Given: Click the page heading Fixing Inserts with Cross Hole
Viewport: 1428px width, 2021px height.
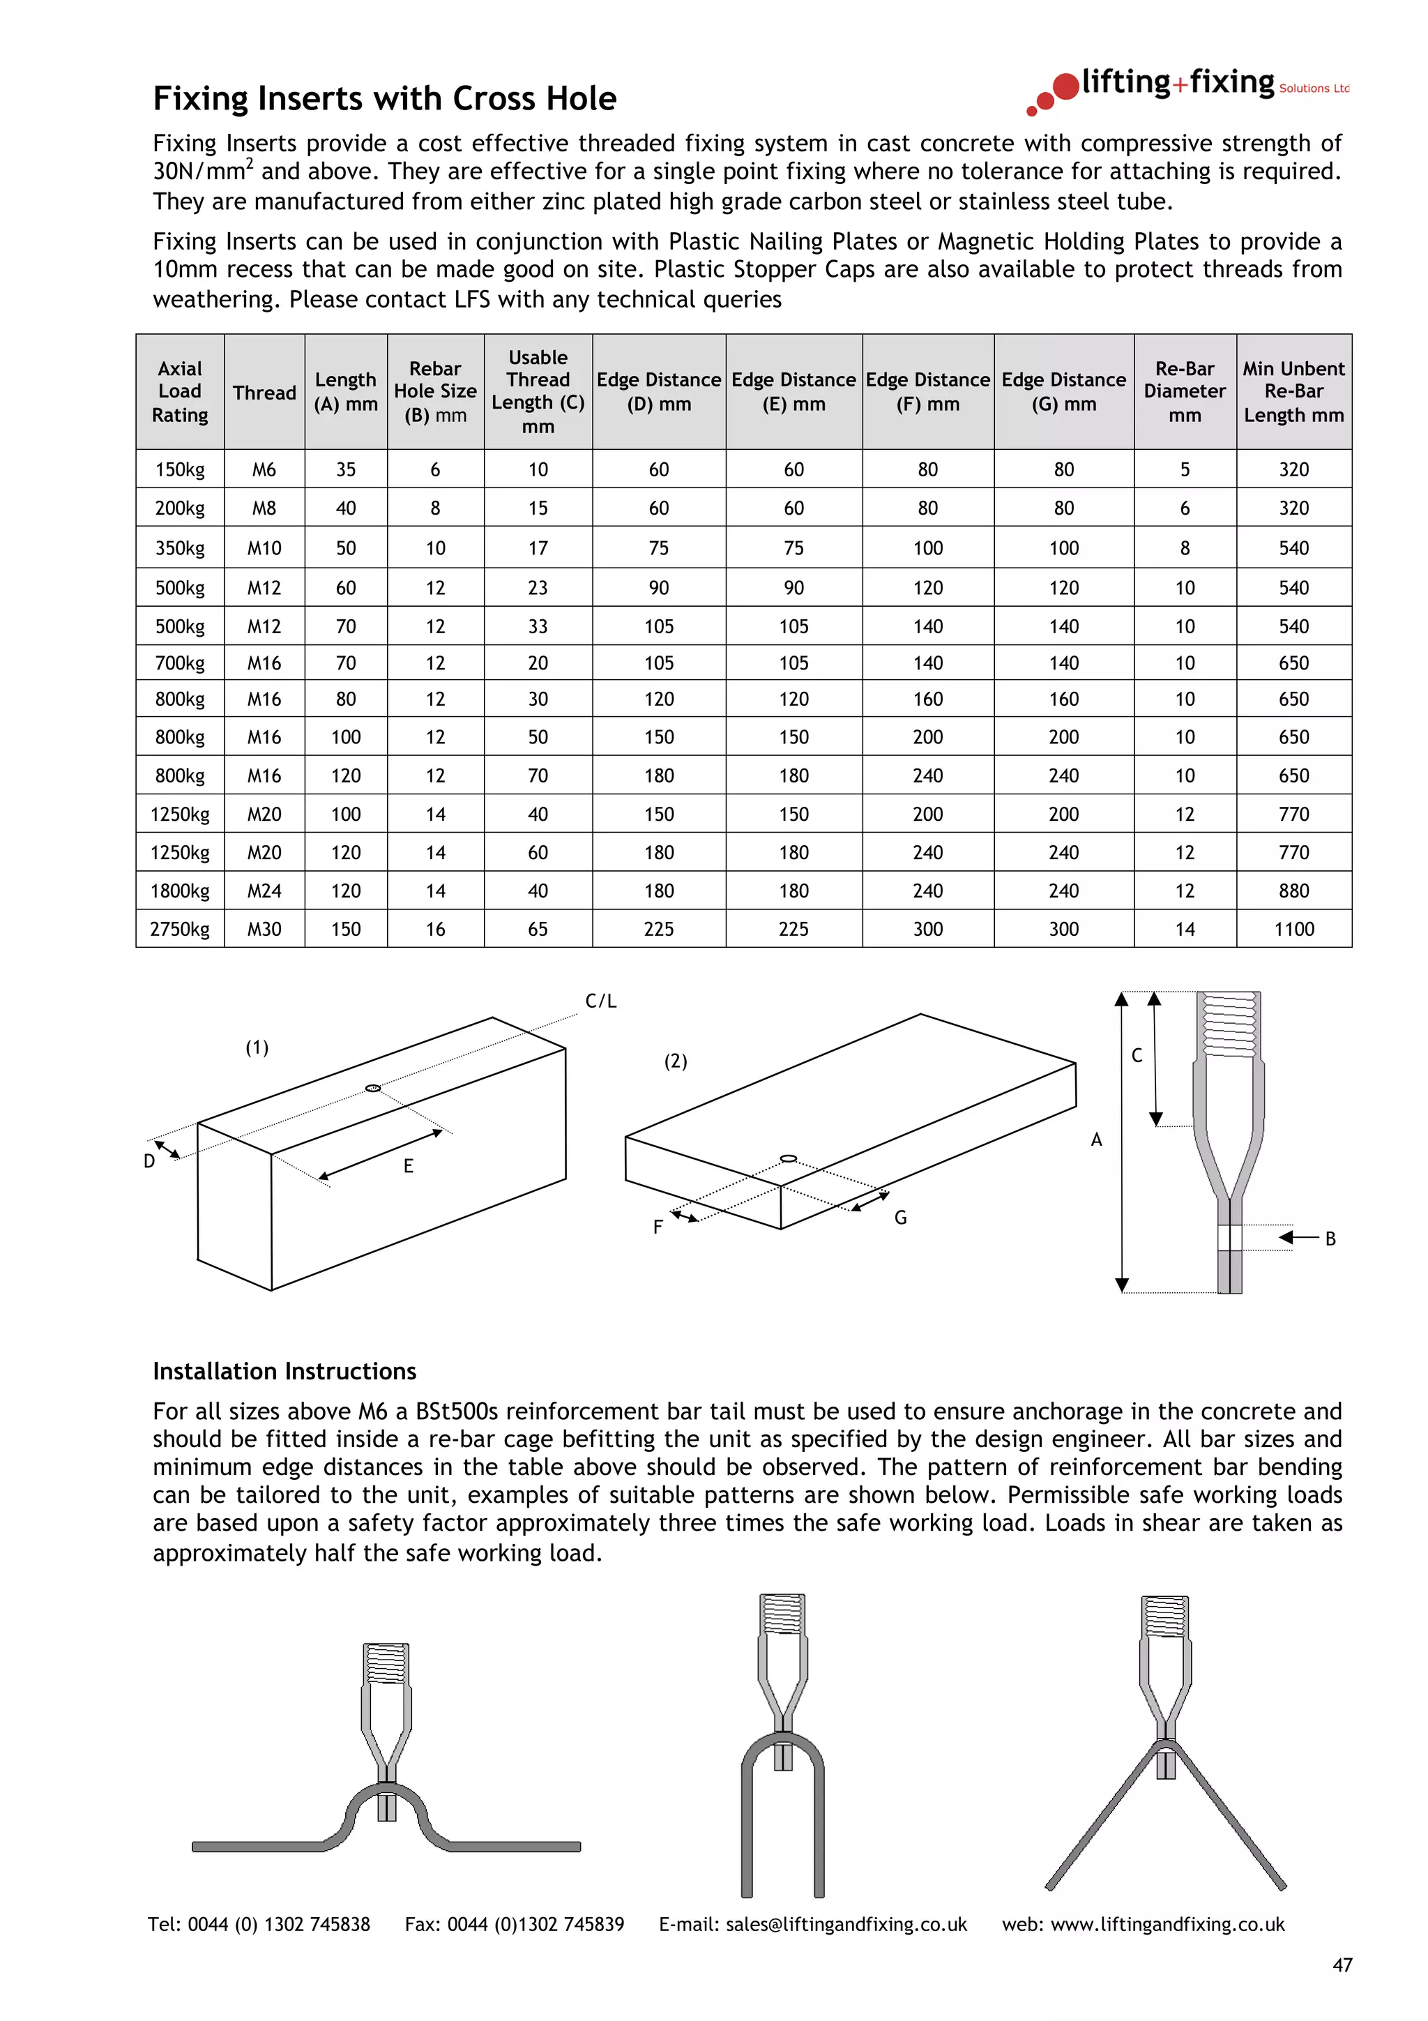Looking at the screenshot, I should (384, 98).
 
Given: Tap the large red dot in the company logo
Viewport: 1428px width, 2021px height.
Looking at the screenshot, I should (1065, 86).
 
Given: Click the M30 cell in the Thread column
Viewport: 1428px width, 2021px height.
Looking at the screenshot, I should (264, 929).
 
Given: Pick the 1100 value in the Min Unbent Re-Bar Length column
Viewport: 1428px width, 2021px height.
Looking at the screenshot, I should (1293, 929).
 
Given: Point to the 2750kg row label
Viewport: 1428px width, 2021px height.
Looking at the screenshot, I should (179, 929).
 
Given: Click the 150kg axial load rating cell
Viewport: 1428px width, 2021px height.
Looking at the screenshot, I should (179, 469).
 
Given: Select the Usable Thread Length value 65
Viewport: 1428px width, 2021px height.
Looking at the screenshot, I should (538, 929).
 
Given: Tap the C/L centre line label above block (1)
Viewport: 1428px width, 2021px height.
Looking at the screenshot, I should (601, 1001).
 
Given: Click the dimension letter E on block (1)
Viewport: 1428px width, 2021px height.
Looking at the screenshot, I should (409, 1166).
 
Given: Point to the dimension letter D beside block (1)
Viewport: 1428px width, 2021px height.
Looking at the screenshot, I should (150, 1162).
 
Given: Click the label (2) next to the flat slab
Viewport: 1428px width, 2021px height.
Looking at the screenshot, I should (675, 1061).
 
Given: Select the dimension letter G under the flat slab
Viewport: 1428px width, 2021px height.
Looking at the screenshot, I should (900, 1218).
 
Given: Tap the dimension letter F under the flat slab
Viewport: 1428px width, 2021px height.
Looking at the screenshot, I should (658, 1227).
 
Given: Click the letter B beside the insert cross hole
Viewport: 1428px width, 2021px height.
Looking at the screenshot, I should (1330, 1239).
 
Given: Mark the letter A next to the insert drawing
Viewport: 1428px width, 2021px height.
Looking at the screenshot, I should (1096, 1140).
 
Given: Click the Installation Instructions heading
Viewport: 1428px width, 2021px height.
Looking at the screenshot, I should (284, 1371).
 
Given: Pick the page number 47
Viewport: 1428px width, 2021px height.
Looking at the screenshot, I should (1342, 1965).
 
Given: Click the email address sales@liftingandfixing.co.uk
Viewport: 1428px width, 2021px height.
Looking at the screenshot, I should (846, 1924).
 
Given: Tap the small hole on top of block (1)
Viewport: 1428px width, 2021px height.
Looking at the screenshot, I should (373, 1088).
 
